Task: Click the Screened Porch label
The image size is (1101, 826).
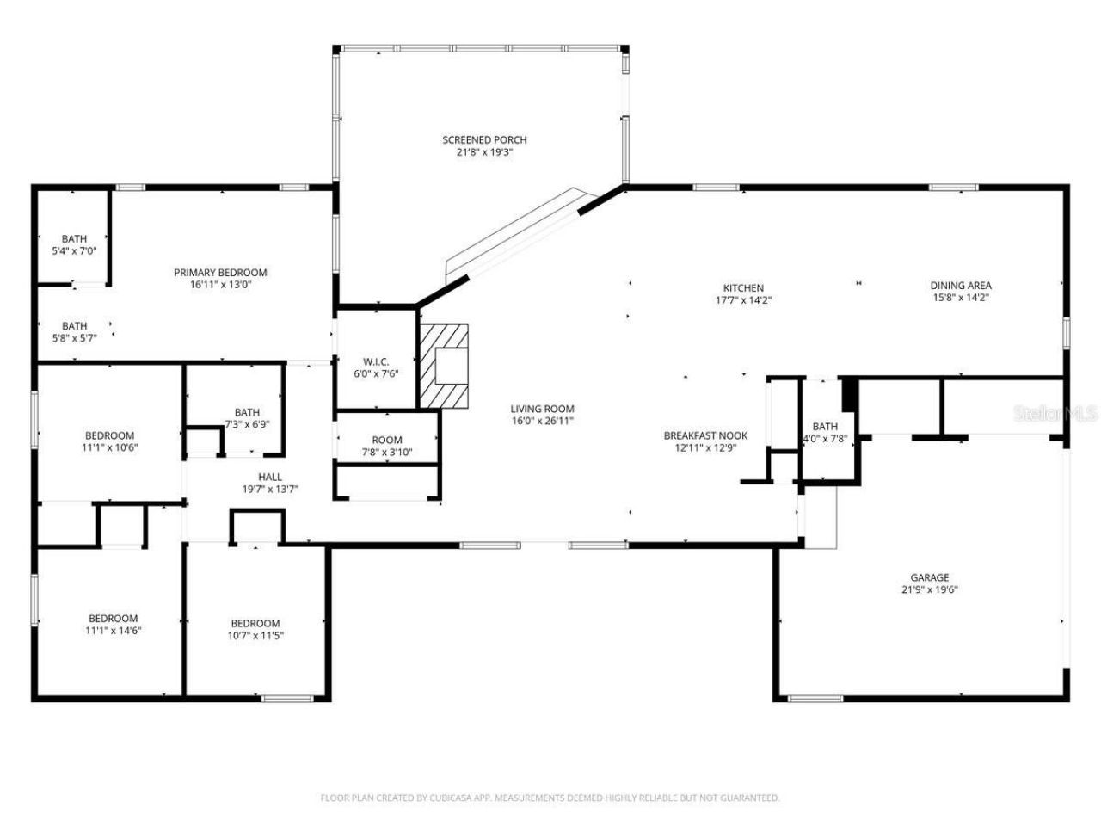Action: coord(484,140)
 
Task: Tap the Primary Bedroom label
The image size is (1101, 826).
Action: coord(220,273)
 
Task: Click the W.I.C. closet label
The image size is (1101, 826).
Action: coord(376,361)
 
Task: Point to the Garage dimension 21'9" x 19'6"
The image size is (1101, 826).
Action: coord(930,590)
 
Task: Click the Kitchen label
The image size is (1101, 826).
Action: coord(743,288)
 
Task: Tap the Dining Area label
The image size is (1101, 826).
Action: coord(961,286)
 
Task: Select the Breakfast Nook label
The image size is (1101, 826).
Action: coord(705,435)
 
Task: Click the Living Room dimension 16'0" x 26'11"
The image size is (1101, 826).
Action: coord(542,422)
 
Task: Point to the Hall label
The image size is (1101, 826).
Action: coord(270,478)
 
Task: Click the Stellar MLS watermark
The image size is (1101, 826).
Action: coord(1055,414)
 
